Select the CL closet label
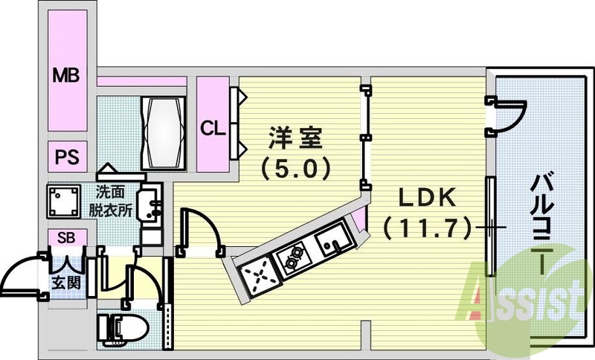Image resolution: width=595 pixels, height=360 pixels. tap(213, 127)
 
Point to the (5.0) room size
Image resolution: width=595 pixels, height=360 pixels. tap(295, 169)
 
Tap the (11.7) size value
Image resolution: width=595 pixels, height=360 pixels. tap(425, 225)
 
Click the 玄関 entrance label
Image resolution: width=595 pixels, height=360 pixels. tap(65, 283)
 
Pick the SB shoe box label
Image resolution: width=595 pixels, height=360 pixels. tap(66, 237)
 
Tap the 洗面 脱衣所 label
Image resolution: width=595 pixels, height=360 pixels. tap(111, 200)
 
